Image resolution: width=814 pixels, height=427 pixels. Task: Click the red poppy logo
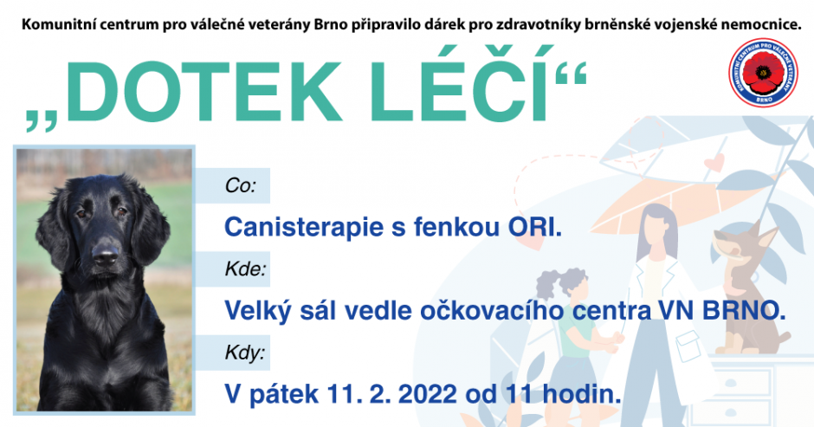[763, 73]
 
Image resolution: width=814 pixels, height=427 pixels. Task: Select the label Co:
[241, 185]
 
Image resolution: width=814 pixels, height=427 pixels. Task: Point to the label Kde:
[246, 269]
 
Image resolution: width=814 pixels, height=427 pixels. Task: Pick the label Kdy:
[245, 353]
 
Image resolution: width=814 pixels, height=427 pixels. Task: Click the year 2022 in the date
[428, 394]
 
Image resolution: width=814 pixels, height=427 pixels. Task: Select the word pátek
[284, 394]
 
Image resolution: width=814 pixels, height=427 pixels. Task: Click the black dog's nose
[106, 255]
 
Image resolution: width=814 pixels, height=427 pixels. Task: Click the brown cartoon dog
[747, 286]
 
